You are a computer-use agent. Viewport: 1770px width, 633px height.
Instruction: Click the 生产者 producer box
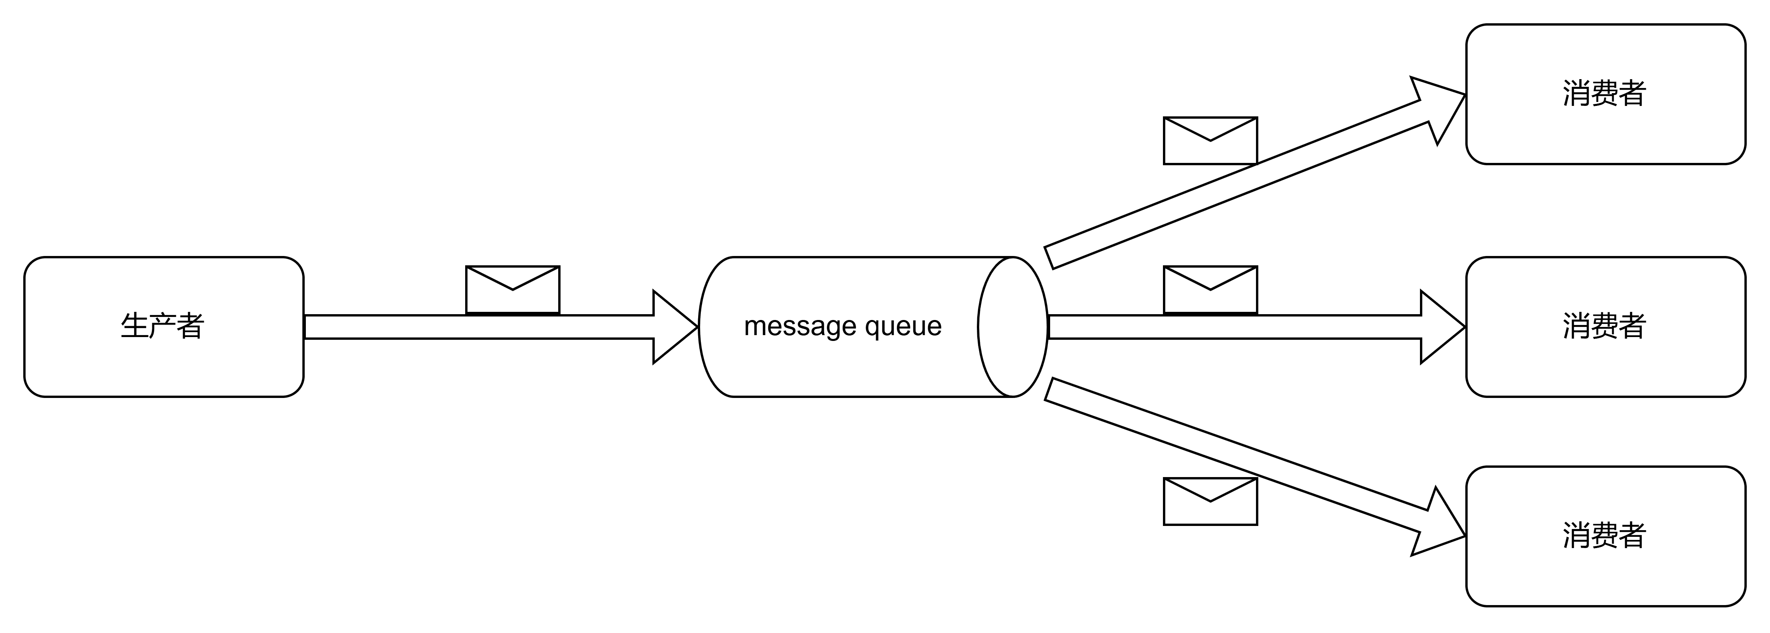click(164, 327)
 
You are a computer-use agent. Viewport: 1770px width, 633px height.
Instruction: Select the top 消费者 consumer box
click(1605, 94)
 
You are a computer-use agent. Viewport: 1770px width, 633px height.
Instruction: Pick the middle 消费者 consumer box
click(1605, 327)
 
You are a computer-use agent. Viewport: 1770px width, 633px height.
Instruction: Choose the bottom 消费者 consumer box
click(1605, 536)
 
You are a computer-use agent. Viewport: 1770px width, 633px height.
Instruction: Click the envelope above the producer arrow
click(512, 289)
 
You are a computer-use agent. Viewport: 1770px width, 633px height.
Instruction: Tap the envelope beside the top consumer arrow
click(1210, 141)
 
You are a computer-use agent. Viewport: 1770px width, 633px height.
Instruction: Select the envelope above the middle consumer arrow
click(1210, 289)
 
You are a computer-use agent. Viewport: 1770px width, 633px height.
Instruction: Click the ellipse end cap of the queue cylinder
click(1013, 327)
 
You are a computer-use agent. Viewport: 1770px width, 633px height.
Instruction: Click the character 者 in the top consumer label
click(1632, 94)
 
